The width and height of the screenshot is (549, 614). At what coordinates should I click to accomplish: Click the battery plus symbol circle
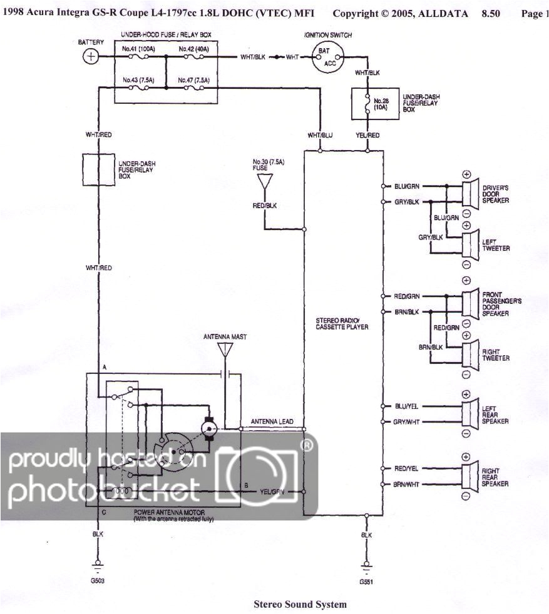click(x=91, y=57)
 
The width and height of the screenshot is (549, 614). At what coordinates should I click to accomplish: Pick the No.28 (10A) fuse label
click(x=382, y=104)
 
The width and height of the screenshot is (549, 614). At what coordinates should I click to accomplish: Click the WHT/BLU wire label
click(x=320, y=135)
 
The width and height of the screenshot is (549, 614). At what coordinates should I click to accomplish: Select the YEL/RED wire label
click(x=367, y=135)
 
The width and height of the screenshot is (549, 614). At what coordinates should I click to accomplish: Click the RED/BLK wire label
click(x=266, y=205)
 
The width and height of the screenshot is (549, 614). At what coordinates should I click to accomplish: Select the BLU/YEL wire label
click(x=407, y=406)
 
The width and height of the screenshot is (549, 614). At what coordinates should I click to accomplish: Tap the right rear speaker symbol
click(x=468, y=476)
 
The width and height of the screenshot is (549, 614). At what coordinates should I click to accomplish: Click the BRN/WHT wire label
click(x=407, y=484)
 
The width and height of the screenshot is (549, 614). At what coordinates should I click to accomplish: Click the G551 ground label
click(x=366, y=581)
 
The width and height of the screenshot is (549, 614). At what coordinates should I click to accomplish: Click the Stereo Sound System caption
click(x=299, y=604)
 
